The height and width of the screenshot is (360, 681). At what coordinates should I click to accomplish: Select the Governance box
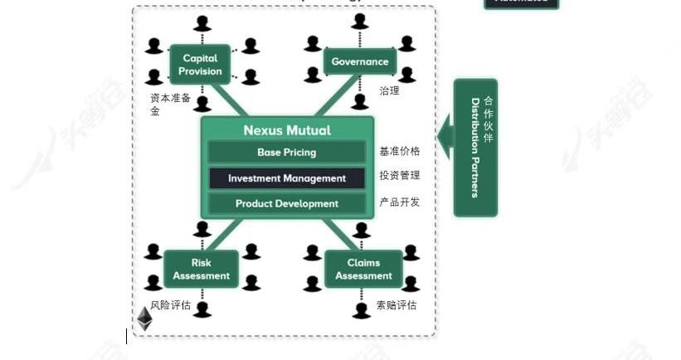click(x=359, y=61)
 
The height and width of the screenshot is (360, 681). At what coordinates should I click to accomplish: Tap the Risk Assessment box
click(x=201, y=270)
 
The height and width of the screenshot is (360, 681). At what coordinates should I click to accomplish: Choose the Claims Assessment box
click(x=363, y=270)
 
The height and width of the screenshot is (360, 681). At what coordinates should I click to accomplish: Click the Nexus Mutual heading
click(x=287, y=130)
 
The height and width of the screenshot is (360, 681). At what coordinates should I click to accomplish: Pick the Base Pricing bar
click(x=287, y=153)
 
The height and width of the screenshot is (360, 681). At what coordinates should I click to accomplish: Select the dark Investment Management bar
click(x=287, y=178)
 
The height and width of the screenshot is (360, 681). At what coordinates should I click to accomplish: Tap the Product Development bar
click(x=287, y=204)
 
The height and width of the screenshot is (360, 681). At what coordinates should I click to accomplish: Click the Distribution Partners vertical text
click(x=475, y=148)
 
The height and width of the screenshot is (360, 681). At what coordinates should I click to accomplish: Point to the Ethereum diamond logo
click(x=144, y=319)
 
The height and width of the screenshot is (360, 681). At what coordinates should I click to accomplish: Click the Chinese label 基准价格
click(x=400, y=152)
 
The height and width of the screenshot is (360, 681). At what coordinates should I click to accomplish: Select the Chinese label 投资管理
click(x=400, y=176)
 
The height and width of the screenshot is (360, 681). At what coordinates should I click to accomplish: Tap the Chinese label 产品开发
click(x=400, y=202)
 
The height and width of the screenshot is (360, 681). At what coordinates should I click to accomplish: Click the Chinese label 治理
click(x=389, y=91)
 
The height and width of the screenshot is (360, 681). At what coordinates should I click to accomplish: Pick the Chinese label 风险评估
click(x=171, y=305)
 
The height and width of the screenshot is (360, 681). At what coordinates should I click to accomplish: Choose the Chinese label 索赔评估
click(x=396, y=305)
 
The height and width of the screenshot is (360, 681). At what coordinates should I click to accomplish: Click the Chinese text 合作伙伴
click(x=488, y=119)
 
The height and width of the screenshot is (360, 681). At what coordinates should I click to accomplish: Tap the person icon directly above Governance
click(x=359, y=21)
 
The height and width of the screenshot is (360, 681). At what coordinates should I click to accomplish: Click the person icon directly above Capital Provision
click(x=201, y=23)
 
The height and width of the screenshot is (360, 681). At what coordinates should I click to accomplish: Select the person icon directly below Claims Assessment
click(x=361, y=311)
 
